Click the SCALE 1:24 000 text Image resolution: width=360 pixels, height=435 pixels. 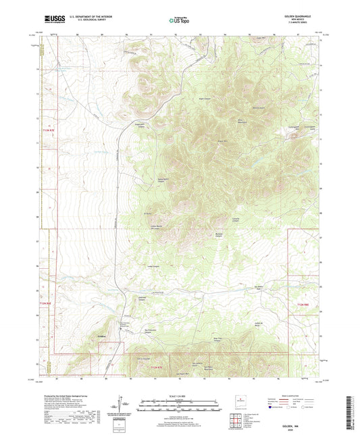179,395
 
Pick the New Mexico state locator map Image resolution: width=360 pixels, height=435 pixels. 252,403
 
